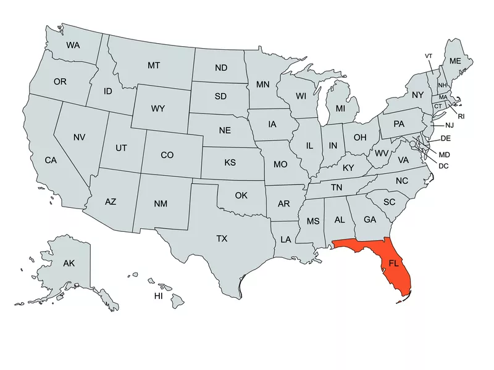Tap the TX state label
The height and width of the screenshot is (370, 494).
222,239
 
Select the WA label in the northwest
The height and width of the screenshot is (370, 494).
73,45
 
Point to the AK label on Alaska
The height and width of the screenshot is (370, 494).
69,263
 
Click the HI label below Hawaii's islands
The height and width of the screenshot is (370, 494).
159,297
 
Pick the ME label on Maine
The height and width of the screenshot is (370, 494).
455,61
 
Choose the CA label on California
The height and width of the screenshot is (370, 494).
51,160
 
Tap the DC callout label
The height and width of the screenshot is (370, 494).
443,166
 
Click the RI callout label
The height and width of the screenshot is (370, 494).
461,116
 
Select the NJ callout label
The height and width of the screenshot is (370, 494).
448,125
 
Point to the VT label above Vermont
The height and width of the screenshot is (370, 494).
429,56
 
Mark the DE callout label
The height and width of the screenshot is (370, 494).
445,138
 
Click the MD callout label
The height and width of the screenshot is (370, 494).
445,154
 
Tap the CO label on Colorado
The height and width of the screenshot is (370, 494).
167,155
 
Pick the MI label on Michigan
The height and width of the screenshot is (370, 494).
340,109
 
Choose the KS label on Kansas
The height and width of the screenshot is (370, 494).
230,163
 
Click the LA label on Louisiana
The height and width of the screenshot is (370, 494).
286,239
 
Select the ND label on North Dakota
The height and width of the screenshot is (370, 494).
220,68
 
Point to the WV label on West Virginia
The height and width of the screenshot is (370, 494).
382,152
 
